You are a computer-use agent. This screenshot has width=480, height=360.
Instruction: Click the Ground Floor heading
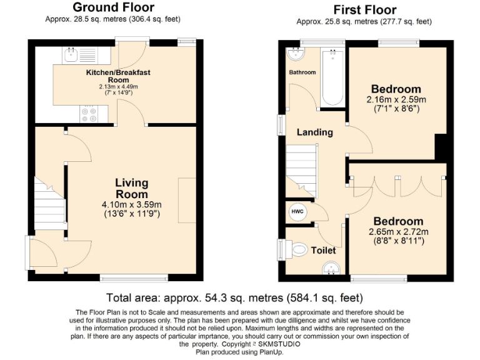pyautogui.click(x=114, y=7)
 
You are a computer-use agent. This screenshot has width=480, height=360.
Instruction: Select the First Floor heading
pyautogui.click(x=365, y=10)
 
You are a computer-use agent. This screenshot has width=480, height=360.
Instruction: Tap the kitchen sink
pyautogui.click(x=71, y=55)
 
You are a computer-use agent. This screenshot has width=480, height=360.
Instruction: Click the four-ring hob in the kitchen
pyautogui.click(x=89, y=114)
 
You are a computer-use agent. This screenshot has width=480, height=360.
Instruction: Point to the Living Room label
pyautogui.click(x=132, y=188)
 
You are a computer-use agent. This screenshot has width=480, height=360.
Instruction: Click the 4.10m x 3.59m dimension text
pyautogui.click(x=132, y=204)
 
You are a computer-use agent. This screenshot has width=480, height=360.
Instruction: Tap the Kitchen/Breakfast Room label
pyautogui.click(x=118, y=76)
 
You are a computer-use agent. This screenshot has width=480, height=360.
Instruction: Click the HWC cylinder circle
pyautogui.click(x=297, y=212)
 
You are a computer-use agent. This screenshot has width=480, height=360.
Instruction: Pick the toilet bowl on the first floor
pyautogui.click(x=299, y=249)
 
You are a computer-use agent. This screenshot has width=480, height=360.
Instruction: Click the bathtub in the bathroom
pyautogui.click(x=332, y=77)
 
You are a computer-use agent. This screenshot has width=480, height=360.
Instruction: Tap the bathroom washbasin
pyautogui.click(x=296, y=54)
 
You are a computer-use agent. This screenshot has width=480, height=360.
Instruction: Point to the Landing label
pyautogui.click(x=315, y=132)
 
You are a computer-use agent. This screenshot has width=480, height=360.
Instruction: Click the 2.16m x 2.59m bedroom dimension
pyautogui.click(x=396, y=99)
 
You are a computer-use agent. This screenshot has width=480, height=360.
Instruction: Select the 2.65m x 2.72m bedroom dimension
pyautogui.click(x=399, y=232)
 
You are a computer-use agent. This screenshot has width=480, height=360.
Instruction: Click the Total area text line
pyautogui.click(x=234, y=297)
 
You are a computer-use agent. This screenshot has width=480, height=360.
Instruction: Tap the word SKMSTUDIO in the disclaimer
pyautogui.click(x=279, y=344)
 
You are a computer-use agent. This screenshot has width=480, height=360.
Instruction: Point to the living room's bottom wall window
pyautogui.click(x=134, y=278)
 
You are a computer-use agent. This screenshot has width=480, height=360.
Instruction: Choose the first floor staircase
pyautogui.click(x=301, y=171)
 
